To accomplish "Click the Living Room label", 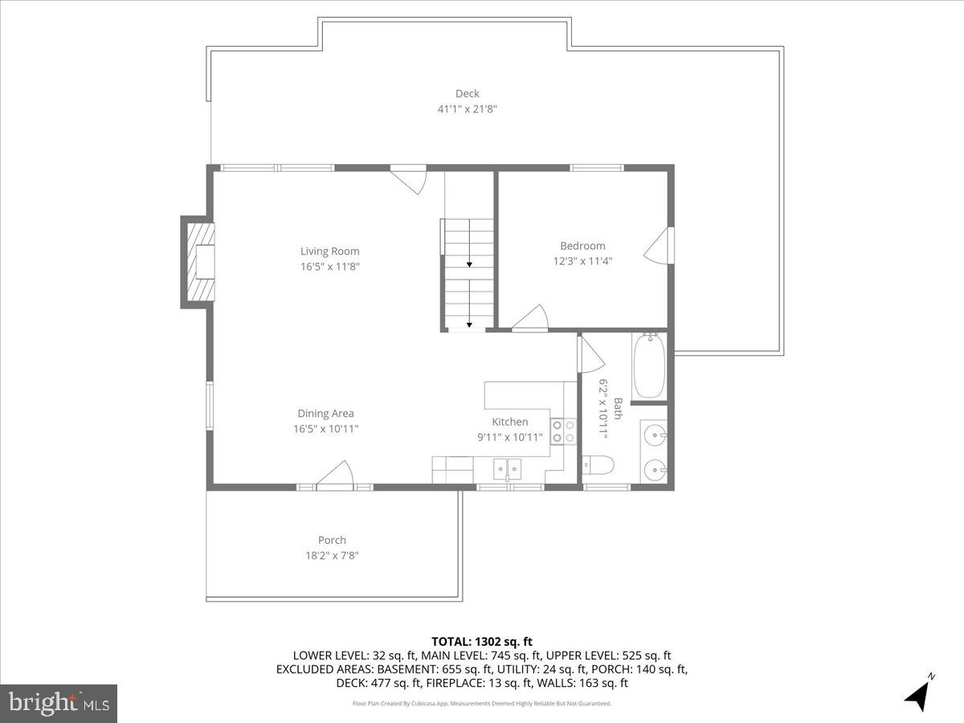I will [x=329, y=251].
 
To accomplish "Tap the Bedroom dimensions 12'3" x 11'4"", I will [x=582, y=260].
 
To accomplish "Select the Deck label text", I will [x=467, y=94].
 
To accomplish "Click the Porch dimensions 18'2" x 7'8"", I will [x=332, y=555].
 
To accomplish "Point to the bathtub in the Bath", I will [x=648, y=366].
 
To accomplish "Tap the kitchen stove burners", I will [x=563, y=431].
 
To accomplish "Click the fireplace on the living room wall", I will [x=200, y=262].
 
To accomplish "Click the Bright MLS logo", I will [x=59, y=704].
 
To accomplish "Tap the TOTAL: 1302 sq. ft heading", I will [x=482, y=641].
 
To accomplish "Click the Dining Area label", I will [x=325, y=414].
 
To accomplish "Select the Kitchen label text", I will [x=510, y=422].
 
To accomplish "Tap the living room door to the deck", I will [x=409, y=178].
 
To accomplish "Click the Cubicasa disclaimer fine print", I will [x=482, y=704].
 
